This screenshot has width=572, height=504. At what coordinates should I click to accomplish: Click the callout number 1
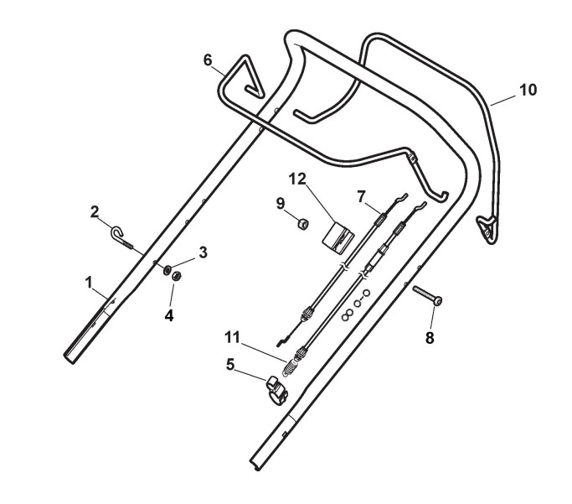point(89,283)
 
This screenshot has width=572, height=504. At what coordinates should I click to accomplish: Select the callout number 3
point(202,252)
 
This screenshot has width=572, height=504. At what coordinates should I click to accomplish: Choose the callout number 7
point(361,196)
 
